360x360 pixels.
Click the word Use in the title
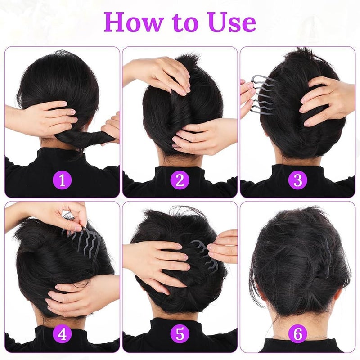[232, 22]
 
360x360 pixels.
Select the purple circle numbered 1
[62, 180]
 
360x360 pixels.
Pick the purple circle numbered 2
[180, 180]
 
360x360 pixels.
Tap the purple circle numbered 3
[298, 180]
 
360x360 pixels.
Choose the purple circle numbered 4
[62, 334]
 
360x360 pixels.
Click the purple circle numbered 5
[180, 334]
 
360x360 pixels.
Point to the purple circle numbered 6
[298, 334]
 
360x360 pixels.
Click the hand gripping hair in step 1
[44, 118]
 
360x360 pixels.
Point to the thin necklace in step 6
[298, 337]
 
